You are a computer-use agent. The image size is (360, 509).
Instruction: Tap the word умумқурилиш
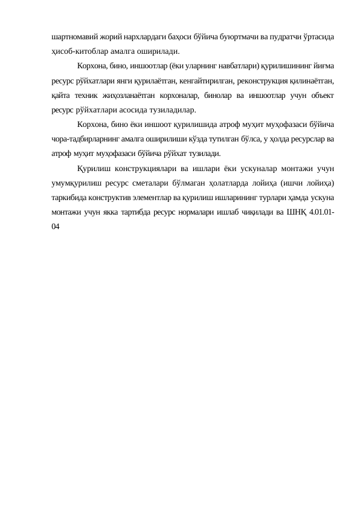pos(74,183)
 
